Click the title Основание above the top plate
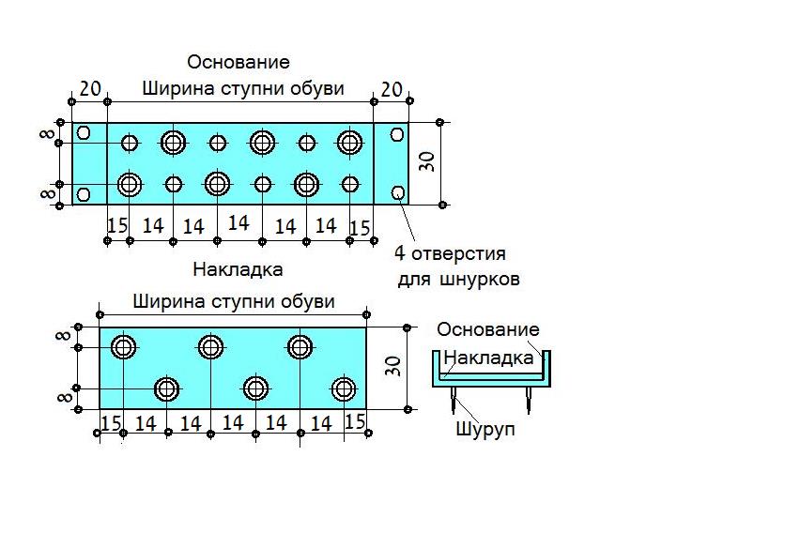tap(238, 62)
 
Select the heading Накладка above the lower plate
tap(238, 269)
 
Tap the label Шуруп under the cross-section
tap(485, 429)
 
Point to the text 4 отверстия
tap(450, 253)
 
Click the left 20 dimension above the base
tap(90, 89)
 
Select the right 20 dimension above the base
tap(392, 89)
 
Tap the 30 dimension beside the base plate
tap(428, 161)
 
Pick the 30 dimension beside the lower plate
tap(393, 366)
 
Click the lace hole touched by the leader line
tap(398, 192)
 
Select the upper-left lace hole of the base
tap(84, 133)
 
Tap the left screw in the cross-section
tap(454, 400)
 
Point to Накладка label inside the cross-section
tap(488, 358)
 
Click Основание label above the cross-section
tap(488, 329)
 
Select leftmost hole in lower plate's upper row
tap(123, 347)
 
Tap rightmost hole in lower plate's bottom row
tap(344, 389)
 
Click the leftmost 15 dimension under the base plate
tap(117, 225)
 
